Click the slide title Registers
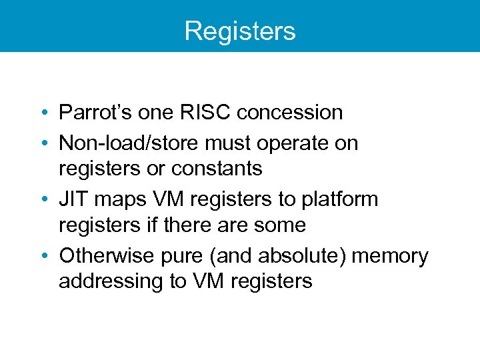pos(240,31)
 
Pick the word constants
pos(217,169)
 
